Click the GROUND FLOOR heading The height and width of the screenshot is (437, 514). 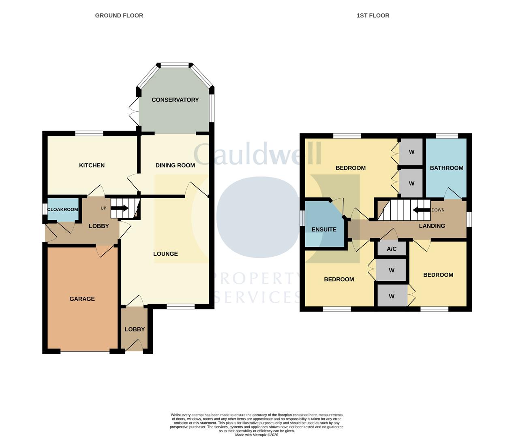pos(119,15)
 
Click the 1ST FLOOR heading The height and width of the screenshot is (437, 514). pos(373,15)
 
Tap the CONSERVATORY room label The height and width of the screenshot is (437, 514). pos(175,100)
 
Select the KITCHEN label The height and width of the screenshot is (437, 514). pos(92,165)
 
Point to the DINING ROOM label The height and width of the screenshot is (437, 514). pos(175,165)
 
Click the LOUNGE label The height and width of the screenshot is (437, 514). pos(165,254)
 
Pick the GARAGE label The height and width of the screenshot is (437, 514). pos(82,299)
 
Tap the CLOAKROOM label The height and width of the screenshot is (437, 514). pos(62,209)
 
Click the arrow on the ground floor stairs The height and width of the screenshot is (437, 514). pos(120,208)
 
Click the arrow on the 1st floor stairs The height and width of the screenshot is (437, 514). pos(421,210)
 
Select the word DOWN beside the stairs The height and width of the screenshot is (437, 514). pos(438,210)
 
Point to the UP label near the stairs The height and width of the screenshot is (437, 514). pos(103,208)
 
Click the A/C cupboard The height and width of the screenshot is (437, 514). pos(391,249)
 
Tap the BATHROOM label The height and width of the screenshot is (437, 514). pos(446,168)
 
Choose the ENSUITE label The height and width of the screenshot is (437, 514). pos(324,229)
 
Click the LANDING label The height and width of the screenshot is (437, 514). pos(432,226)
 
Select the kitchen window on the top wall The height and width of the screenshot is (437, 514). pos(89,133)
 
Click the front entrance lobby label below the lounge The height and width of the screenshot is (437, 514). pos(135,329)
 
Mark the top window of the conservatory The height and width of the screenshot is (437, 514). pos(175,65)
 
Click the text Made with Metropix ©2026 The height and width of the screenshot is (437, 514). pos(257,435)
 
